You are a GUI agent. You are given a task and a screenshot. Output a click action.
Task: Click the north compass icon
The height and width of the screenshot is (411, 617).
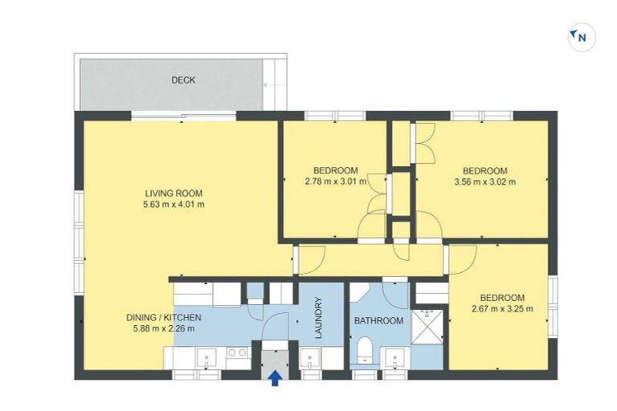coord(581,37)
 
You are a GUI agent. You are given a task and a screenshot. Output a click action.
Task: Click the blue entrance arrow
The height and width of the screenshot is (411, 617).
coord(275,377)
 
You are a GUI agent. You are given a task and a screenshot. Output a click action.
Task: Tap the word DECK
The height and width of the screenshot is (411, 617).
coord(183,80)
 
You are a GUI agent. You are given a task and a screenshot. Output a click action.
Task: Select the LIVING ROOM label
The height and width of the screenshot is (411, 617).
coord(174,193)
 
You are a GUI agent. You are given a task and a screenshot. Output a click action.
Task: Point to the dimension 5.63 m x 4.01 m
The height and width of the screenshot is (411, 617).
coord(174,205)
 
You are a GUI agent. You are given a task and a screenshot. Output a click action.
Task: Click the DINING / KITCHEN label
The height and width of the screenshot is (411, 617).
coord(163,317)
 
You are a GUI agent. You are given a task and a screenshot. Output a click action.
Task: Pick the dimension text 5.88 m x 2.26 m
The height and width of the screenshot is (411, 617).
coord(163,328)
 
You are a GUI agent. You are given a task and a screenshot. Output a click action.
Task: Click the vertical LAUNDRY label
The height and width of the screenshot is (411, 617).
coord(318,319)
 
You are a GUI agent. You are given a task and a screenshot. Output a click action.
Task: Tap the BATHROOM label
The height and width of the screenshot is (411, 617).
coord(378,321)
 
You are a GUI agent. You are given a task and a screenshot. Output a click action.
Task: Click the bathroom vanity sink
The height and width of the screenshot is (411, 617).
coord(394,358)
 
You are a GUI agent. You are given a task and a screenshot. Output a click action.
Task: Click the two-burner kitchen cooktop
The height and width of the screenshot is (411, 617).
coord(237,353)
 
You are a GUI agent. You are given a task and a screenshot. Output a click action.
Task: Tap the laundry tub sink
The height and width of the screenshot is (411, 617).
coord(310,358)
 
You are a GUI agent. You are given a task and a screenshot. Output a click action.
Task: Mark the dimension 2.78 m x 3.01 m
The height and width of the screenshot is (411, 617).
coord(335,181)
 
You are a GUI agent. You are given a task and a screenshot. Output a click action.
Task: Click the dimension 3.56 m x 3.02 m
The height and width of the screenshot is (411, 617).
coord(484,181)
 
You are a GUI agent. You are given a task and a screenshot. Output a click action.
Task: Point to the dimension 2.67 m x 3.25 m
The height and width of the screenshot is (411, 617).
coord(503,308)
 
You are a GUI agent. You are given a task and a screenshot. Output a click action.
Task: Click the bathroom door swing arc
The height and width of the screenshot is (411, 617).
coord(395,294)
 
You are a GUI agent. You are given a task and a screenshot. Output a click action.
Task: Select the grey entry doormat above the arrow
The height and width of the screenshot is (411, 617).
coord(275,354)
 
